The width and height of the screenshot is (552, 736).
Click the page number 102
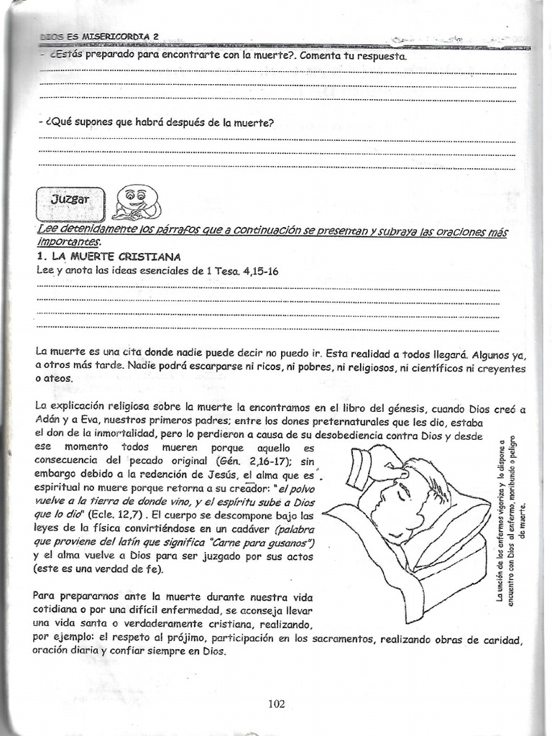(276, 704)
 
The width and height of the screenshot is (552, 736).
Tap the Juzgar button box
(70, 201)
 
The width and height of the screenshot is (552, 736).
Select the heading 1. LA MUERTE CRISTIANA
(109, 257)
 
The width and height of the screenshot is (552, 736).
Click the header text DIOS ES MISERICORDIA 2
(100, 35)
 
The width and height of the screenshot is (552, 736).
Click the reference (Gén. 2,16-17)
(247, 461)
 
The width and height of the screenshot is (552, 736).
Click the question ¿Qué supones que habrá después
(156, 123)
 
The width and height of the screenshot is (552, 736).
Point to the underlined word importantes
(68, 242)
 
